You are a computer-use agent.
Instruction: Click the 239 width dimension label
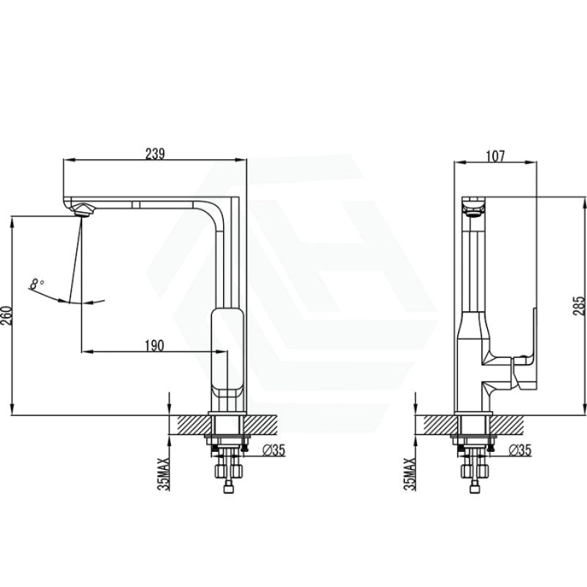click(155, 153)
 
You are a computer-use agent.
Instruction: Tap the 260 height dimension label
click(7, 316)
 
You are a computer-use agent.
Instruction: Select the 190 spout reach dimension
click(155, 346)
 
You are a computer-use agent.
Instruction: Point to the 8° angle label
click(36, 284)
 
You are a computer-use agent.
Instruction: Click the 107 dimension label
click(495, 156)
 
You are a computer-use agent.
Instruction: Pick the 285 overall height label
click(580, 305)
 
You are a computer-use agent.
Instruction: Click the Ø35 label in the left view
click(274, 451)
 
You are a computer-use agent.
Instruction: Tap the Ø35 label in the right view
click(520, 451)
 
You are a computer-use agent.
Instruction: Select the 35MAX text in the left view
click(164, 474)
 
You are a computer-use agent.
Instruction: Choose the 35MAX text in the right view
click(409, 474)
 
